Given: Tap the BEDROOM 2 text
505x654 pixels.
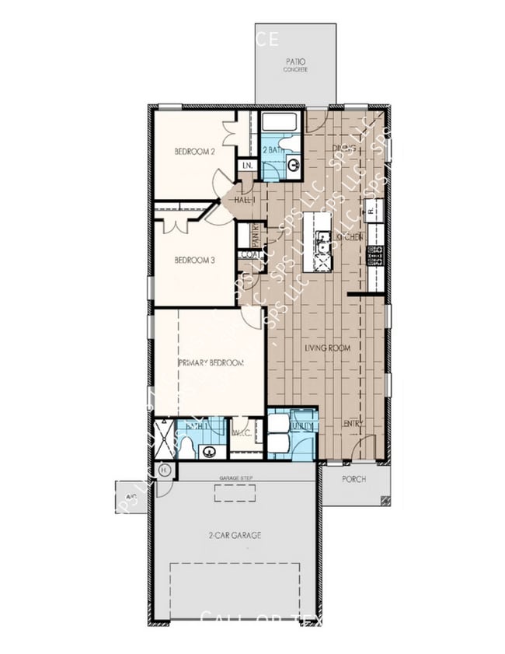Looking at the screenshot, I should (194, 152).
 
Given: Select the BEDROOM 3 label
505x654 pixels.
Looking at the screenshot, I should (194, 260).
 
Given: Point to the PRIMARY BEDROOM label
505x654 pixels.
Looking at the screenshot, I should (211, 362).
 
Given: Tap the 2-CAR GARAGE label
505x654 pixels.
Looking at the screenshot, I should (234, 535).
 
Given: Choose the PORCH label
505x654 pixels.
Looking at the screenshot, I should (354, 479).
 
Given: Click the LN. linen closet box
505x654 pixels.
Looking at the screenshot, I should (247, 166).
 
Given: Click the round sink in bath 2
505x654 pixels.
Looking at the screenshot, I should (293, 164).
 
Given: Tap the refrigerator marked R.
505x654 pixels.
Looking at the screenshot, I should (374, 209).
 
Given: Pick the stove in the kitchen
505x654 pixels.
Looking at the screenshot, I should (374, 254).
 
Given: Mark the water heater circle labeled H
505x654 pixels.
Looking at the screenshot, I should (164, 470).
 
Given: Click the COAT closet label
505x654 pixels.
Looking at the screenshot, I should (249, 254).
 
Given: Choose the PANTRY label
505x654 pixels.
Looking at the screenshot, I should (254, 234).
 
